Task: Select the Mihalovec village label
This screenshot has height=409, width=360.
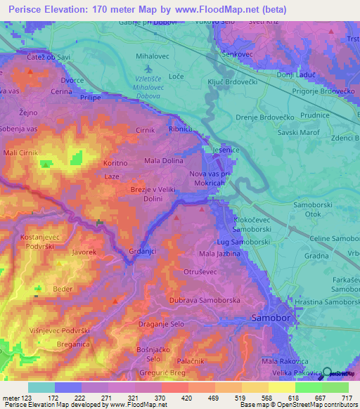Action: [153, 53]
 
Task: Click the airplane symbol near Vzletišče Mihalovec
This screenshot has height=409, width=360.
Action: [148, 68]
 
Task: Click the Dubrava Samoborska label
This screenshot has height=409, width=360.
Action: [205, 301]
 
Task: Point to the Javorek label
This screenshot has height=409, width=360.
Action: [84, 251]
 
